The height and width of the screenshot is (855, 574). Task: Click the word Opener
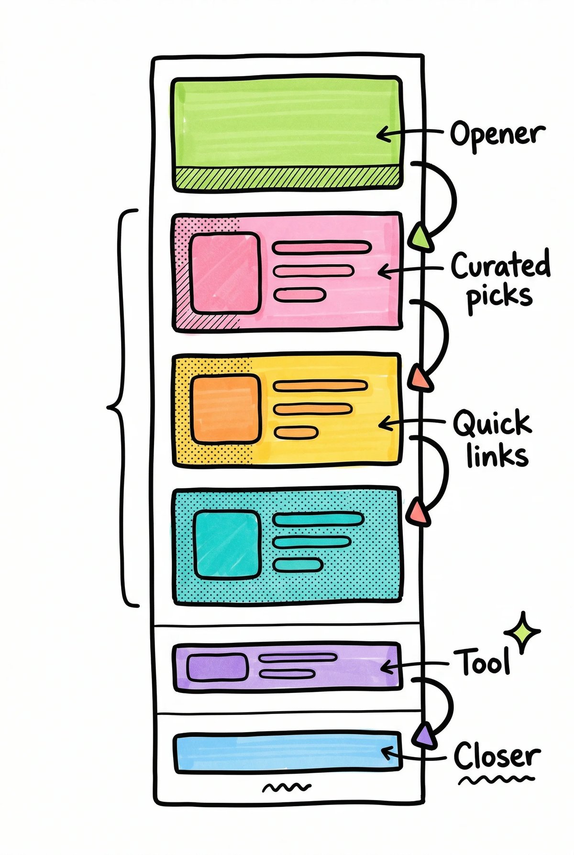pos(497,134)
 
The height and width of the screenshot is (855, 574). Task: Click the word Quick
pos(492,423)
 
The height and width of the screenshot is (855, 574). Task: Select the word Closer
pos(497,756)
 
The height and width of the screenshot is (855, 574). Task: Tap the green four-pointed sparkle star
pos(523,632)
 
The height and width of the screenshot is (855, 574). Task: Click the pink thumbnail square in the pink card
pos(225,273)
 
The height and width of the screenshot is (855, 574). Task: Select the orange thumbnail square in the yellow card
pos(225,409)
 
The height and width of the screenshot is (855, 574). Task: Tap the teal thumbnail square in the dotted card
pos(228,544)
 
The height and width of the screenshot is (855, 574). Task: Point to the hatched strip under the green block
pos(287,177)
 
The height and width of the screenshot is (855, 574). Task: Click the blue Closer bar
pos(287,752)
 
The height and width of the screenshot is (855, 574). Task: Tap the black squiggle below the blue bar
pos(287,787)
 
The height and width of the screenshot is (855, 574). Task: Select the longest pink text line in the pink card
pos(321,248)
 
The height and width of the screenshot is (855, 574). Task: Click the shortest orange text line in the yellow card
pos(296,433)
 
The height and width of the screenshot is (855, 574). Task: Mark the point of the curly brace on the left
pos(109,407)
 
